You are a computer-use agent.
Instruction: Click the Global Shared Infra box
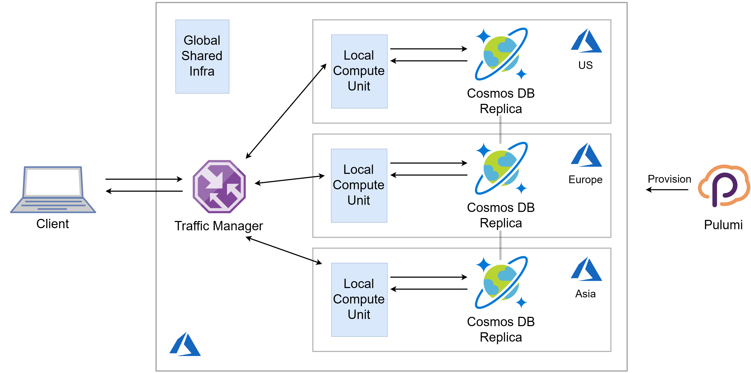(202, 57)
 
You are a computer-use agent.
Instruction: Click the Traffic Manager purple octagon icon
(219, 187)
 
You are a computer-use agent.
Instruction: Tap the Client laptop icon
(53, 190)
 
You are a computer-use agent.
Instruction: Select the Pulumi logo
(723, 186)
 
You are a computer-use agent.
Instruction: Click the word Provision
(669, 179)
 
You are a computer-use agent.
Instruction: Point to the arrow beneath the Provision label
(667, 190)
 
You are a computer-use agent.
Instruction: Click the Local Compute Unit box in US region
(359, 71)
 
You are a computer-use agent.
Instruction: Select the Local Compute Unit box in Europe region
(359, 186)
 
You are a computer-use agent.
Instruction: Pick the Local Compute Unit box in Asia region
(359, 300)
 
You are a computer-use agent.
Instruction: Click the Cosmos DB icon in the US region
(501, 54)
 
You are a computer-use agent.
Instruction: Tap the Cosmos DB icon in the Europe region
(501, 168)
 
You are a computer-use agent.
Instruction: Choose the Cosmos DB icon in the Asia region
(501, 282)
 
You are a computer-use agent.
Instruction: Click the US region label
(585, 65)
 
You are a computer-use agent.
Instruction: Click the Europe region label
(585, 179)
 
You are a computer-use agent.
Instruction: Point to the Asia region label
(585, 294)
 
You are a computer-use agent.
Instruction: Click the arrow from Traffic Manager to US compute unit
(286, 111)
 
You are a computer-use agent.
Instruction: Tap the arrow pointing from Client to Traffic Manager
(144, 179)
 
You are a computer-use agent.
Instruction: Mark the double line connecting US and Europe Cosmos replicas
(500, 129)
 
